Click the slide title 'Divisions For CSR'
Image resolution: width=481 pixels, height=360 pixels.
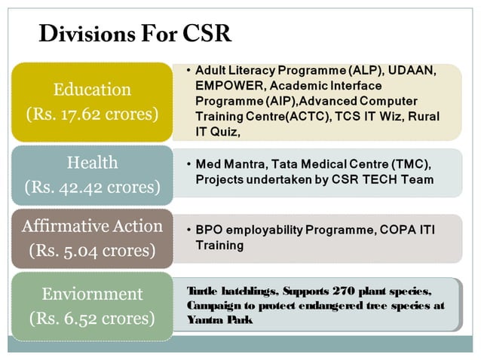[x=134, y=34]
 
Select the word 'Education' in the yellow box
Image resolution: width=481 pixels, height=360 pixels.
[x=92, y=90]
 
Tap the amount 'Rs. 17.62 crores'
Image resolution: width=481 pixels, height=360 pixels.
[x=92, y=114]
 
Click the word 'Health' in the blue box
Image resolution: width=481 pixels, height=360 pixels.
[x=92, y=162]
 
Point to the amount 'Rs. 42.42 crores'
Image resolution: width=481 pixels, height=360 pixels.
[x=92, y=187]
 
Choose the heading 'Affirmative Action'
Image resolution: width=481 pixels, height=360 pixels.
[x=92, y=225]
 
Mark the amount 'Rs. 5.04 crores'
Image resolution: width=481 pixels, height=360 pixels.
[x=92, y=250]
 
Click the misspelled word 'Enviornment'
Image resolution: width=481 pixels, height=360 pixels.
[x=92, y=294]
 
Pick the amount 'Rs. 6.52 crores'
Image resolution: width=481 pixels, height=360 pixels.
[x=92, y=319]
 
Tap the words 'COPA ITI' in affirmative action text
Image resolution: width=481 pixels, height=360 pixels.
[x=413, y=229]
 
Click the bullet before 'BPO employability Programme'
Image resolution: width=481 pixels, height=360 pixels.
[x=187, y=229]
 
